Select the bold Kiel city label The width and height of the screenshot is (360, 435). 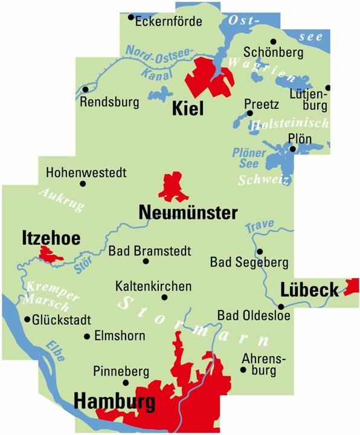188,109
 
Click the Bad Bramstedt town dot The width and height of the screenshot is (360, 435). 146,262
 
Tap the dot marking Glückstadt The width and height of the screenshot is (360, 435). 27,320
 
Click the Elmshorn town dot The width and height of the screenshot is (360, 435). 88,337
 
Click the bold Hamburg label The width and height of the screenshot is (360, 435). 114,401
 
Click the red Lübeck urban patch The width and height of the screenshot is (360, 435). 351,286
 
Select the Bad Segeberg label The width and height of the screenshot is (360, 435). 249,263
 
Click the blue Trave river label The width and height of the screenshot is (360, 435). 260,224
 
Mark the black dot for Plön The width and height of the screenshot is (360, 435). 292,149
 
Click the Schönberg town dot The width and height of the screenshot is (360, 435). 273,42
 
